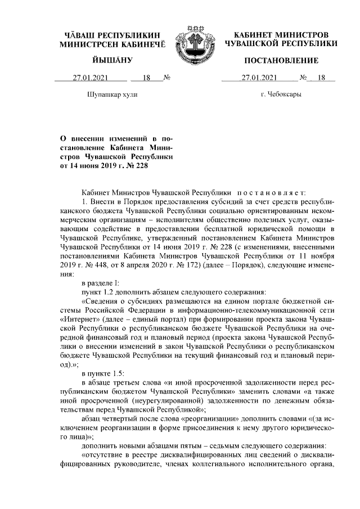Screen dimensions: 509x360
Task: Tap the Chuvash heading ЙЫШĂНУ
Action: pos(112,60)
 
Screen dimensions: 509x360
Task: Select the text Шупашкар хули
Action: pos(112,95)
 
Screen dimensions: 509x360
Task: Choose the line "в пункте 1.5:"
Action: pos(103,373)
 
